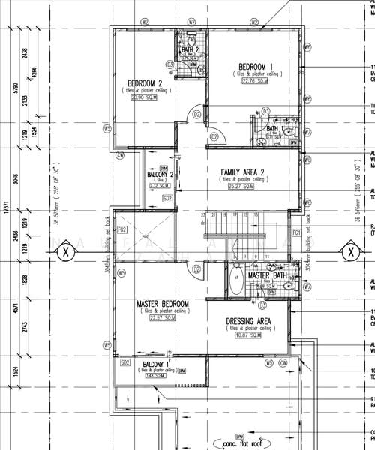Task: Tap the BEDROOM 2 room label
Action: click(145, 82)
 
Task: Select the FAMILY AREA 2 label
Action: click(241, 172)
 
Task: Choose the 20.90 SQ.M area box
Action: click(145, 97)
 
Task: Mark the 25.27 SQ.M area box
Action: click(241, 187)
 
